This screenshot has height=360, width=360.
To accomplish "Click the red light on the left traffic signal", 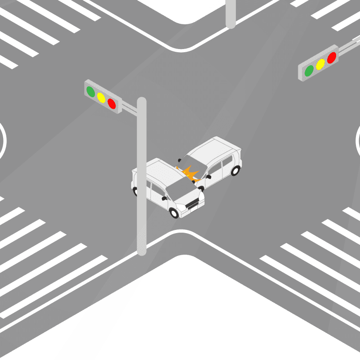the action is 112,104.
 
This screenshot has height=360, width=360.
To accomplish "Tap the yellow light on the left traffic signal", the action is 101,98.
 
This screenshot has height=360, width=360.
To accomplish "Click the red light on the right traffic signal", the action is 332,58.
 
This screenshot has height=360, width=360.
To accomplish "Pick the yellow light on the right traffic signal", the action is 320,64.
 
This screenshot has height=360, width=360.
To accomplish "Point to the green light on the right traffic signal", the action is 309,71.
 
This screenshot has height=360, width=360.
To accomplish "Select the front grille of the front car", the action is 192,205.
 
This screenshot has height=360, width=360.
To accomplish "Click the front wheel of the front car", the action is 174,213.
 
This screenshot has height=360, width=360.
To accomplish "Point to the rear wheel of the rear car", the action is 235,171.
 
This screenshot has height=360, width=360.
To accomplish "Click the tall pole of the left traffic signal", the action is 142,180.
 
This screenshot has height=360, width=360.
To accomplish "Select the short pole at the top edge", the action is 230,13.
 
